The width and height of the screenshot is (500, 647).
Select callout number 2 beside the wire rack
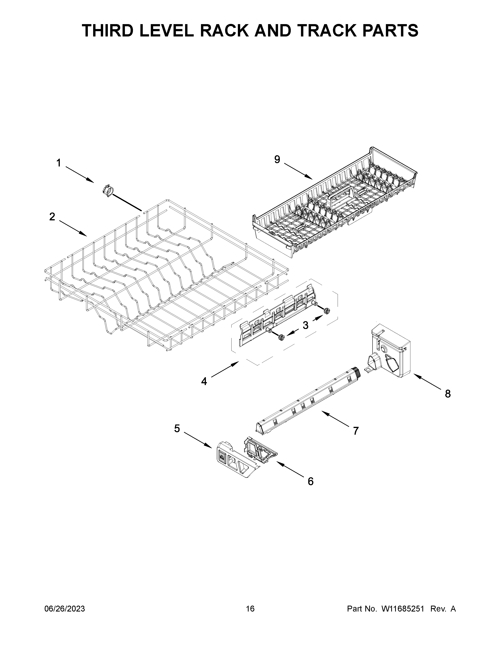pyautogui.click(x=52, y=217)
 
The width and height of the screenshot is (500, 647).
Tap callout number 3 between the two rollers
pyautogui.click(x=305, y=325)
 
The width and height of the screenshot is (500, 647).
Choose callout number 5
pyautogui.click(x=177, y=428)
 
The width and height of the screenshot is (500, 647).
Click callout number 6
pyautogui.click(x=310, y=481)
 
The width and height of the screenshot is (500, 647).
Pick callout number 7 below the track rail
pyautogui.click(x=356, y=430)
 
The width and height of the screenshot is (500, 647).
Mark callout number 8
pyautogui.click(x=448, y=394)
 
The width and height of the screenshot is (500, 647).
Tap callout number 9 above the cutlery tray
pyautogui.click(x=277, y=159)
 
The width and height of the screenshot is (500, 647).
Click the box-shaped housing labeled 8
pyautogui.click(x=391, y=351)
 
